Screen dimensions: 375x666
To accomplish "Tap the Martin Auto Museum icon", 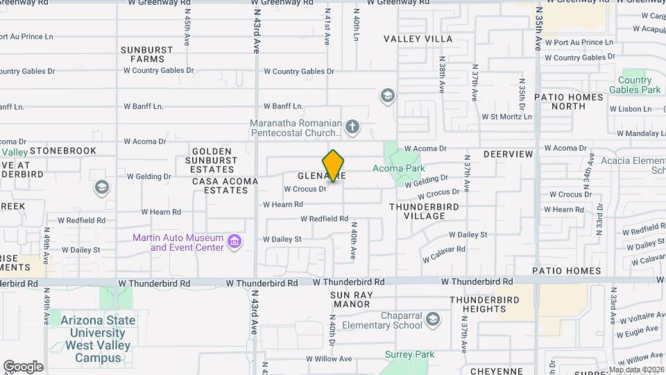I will (234, 242).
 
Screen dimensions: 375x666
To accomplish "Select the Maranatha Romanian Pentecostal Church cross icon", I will (352, 126).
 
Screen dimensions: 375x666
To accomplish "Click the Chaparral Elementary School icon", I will (433, 319).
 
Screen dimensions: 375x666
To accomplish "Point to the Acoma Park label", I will (398, 168).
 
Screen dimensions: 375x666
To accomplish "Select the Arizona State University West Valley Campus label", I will (97, 339).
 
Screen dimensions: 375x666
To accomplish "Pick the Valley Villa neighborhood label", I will (418, 39).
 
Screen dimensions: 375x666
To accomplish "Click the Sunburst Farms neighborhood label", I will (142, 54).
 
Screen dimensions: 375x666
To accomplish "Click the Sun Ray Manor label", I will (351, 299).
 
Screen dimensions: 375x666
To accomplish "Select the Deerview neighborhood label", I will (508, 153).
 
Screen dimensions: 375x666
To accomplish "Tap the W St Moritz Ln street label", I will (506, 117).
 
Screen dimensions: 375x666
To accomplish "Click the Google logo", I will (23, 367).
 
